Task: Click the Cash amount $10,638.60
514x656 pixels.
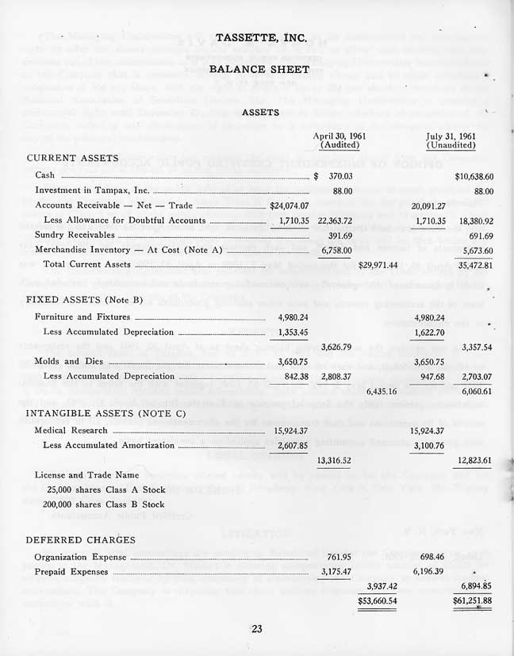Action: (x=474, y=175)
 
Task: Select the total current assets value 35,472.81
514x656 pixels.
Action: (x=472, y=264)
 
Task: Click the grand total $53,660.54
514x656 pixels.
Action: (x=378, y=600)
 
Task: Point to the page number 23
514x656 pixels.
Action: (x=256, y=630)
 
